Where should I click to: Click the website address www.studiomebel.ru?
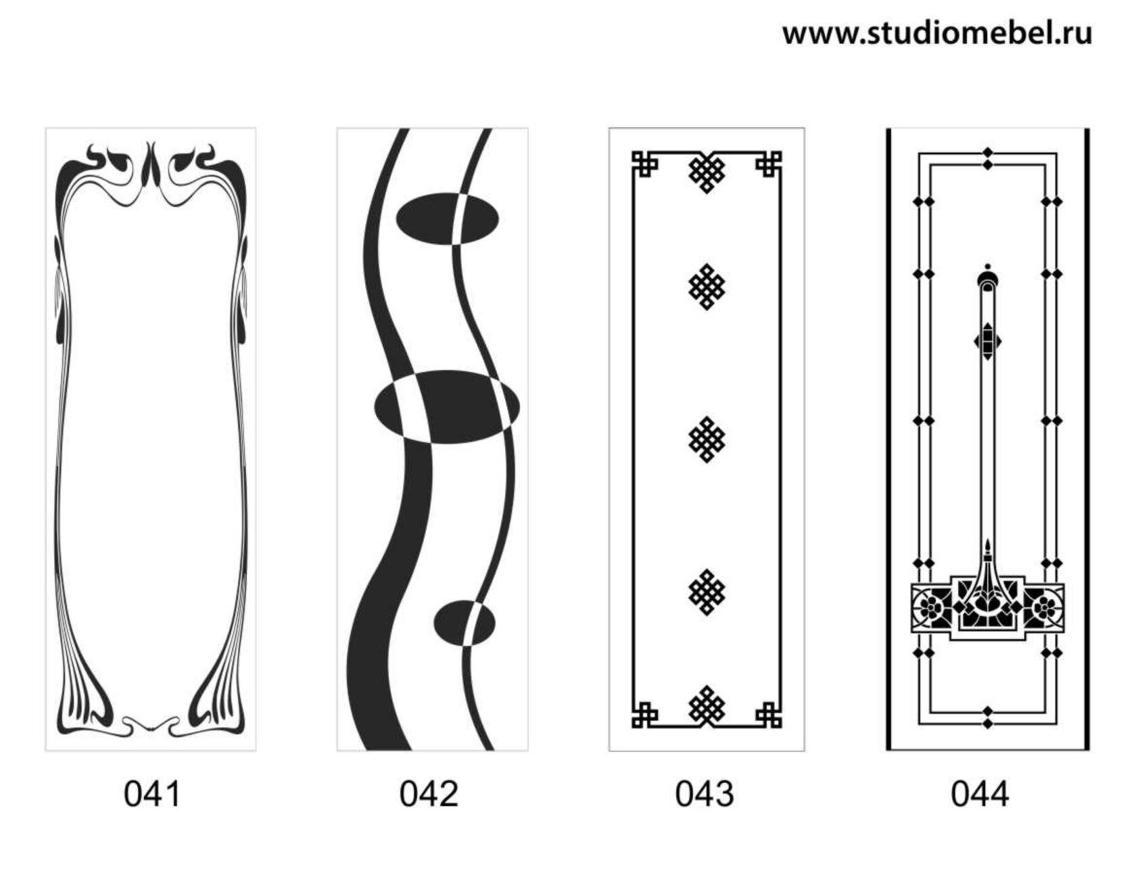pos(937,32)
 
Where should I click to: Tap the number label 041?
pos(152,793)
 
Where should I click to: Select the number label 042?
pos(429,793)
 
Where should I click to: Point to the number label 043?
pos(704,793)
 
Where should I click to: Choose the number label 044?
pos(980,793)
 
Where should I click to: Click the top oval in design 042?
pos(447,218)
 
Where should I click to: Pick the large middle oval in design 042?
pos(447,407)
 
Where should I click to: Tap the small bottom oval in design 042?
pos(464,622)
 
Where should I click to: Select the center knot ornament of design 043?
pos(707,439)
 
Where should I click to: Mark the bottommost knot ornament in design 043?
pos(707,707)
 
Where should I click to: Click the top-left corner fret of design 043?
pos(644,164)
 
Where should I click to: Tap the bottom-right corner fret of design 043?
pos(769,715)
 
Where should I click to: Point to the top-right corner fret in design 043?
pos(769,164)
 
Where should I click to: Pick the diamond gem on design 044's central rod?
pos(988,341)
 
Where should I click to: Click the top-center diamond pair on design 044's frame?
pos(988,158)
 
